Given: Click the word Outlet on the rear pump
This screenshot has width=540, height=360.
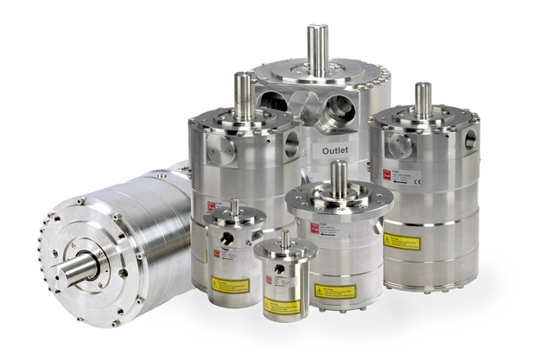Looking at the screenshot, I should click(x=328, y=149).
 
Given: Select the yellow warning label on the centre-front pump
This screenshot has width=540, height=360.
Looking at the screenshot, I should click(x=334, y=291).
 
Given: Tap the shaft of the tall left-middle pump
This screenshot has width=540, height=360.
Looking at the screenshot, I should click(x=243, y=94).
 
